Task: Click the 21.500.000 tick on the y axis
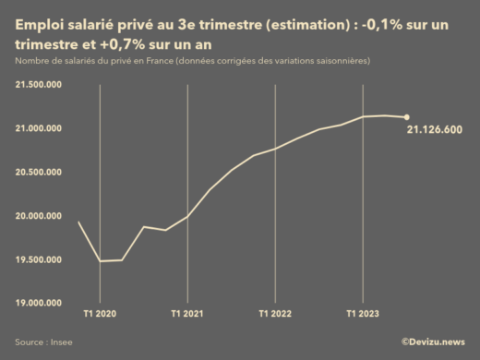coord(39,84)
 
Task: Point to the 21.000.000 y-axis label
coord(39,127)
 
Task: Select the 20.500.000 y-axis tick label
coord(39,172)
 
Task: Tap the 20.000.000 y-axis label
coord(39,215)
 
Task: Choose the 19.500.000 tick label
coord(39,259)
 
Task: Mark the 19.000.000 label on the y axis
coord(39,303)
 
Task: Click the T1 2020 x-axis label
coord(100,314)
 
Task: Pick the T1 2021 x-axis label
coord(187,314)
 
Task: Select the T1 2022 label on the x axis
coord(275,314)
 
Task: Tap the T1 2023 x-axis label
coord(363,314)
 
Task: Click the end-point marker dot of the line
coord(407,117)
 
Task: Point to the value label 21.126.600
coord(435,130)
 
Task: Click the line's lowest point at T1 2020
coord(100,260)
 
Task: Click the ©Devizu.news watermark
coord(432,342)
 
